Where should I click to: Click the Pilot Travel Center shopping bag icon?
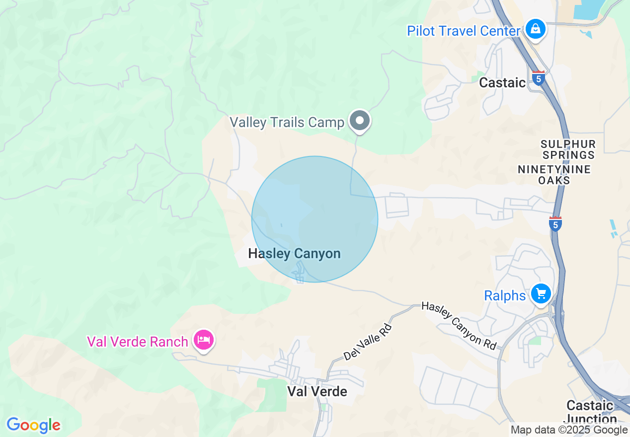536,29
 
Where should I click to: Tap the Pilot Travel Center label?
463,31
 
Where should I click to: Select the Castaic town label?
502,82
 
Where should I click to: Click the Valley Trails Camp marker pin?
360,121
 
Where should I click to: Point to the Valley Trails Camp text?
287,122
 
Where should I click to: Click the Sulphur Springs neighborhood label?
568,149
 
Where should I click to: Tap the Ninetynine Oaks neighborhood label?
554,174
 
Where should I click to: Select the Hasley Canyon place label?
294,254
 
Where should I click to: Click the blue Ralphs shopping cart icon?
541,294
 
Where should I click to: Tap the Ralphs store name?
504,296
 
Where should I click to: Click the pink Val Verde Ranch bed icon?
204,340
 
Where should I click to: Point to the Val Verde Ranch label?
138,342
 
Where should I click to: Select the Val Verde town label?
317,391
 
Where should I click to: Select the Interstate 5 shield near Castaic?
538,78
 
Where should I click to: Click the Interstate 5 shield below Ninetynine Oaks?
555,224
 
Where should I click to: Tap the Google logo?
34,425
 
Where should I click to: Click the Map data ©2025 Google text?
569,430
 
